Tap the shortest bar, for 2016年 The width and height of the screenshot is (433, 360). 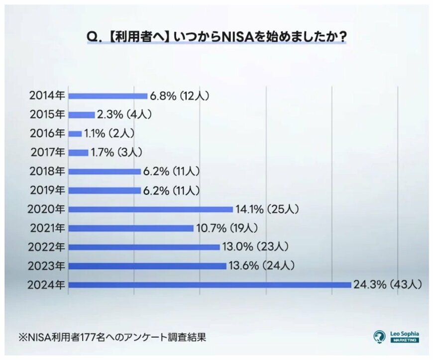[x=75, y=134]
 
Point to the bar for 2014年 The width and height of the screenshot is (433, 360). [x=108, y=96]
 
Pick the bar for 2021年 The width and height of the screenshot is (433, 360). [x=130, y=228]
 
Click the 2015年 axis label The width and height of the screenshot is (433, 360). [x=47, y=115]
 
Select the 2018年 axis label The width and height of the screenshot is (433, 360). [x=47, y=172]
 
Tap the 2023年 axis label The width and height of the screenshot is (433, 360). [x=47, y=266]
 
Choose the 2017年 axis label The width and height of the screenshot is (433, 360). [x=47, y=153]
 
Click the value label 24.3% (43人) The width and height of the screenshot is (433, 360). [x=388, y=285]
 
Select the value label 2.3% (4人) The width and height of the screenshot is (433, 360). [x=124, y=115]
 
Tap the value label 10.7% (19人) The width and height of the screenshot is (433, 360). [x=227, y=228]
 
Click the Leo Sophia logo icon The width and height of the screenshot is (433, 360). [x=380, y=337]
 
